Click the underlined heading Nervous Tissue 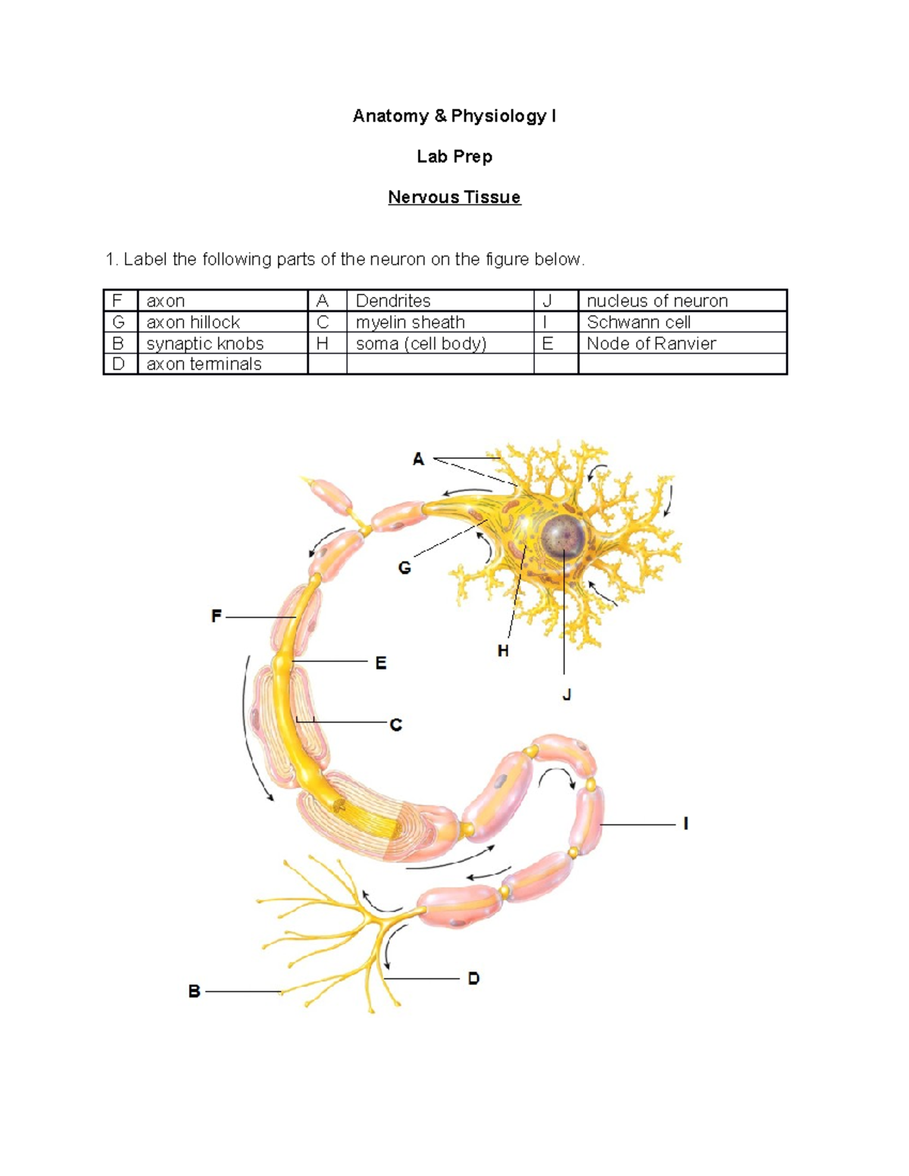[454, 197]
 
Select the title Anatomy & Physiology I [454, 116]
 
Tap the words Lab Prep [454, 157]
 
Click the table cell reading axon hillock [193, 322]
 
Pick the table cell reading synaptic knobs [205, 343]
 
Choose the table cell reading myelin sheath [410, 322]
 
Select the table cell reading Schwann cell [638, 322]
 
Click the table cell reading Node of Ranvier [651, 343]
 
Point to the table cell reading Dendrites [393, 301]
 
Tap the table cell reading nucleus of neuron [657, 301]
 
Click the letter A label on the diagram [418, 459]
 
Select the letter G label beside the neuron [405, 567]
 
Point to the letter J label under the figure [566, 694]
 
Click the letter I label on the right [686, 823]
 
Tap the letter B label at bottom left [194, 991]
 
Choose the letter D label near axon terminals [473, 978]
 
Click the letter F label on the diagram [217, 616]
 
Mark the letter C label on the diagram [395, 725]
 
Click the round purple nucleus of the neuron [564, 536]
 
